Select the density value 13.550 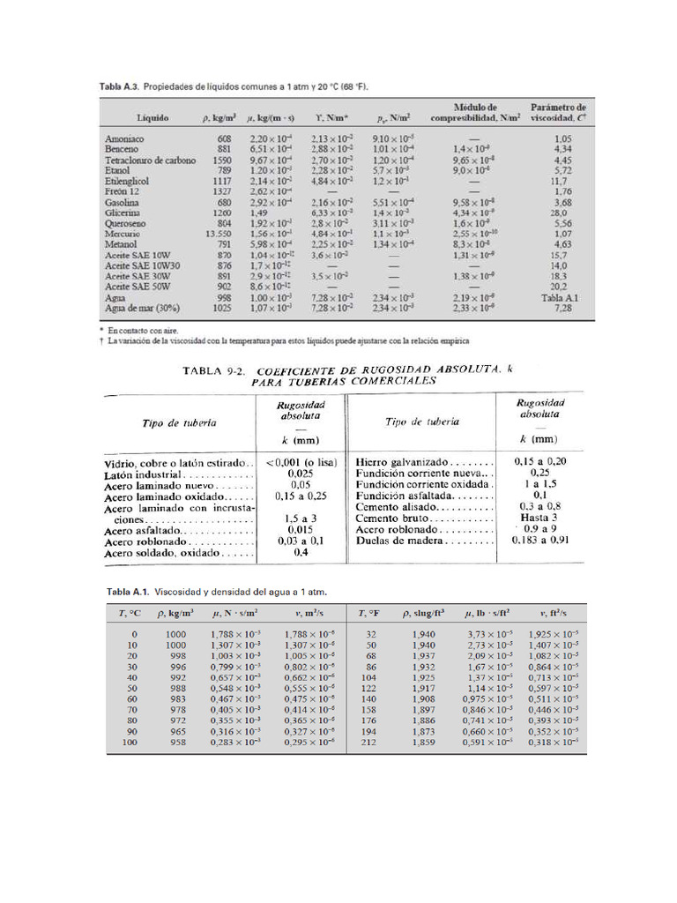coord(219,234)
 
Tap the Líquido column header coord(153,116)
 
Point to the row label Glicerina coord(123,213)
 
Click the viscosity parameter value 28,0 coord(558,213)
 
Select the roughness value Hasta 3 coord(539,519)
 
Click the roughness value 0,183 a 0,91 coord(540,541)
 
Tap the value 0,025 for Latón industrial coord(300,474)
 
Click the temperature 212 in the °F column coord(370,743)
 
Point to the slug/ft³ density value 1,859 coord(423,743)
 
